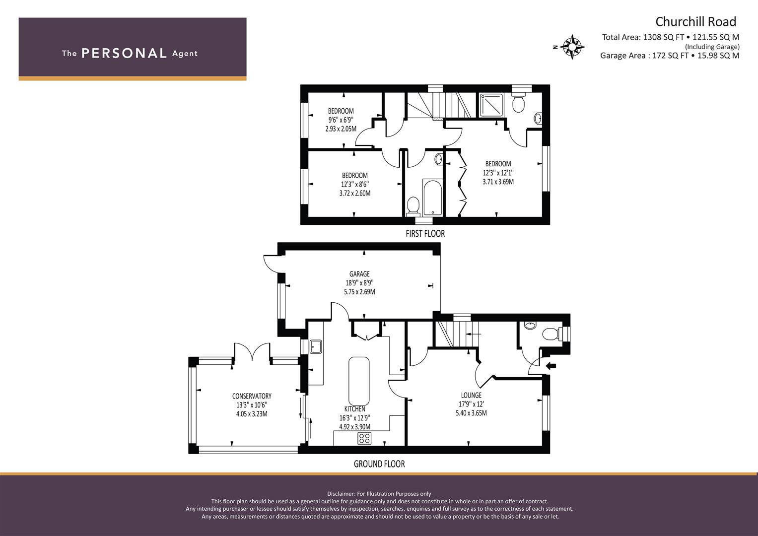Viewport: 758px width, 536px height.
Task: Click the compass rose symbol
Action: coord(572,47)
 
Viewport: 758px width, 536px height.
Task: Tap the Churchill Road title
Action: coord(696,22)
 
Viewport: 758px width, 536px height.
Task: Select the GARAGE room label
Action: coord(359,274)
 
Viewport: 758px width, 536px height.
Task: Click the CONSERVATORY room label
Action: coord(252,396)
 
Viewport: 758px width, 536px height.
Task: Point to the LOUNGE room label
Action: coord(471,395)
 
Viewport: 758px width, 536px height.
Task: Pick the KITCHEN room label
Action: coord(354,409)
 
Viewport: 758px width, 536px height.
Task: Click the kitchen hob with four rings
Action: coord(364,438)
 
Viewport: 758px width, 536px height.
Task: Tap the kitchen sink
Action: coord(315,347)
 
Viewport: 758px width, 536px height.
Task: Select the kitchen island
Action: coord(359,381)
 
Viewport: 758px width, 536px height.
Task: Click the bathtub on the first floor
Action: coord(432,198)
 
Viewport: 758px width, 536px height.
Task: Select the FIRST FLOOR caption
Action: coord(425,233)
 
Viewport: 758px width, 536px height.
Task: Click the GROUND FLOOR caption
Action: coord(379,464)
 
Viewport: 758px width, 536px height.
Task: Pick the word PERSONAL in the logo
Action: coord(124,53)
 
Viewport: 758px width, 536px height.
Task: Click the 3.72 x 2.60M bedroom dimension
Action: coord(355,193)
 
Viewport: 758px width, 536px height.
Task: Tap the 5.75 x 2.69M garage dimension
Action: coord(359,292)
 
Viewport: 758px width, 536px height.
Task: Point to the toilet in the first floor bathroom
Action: coord(413,207)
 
